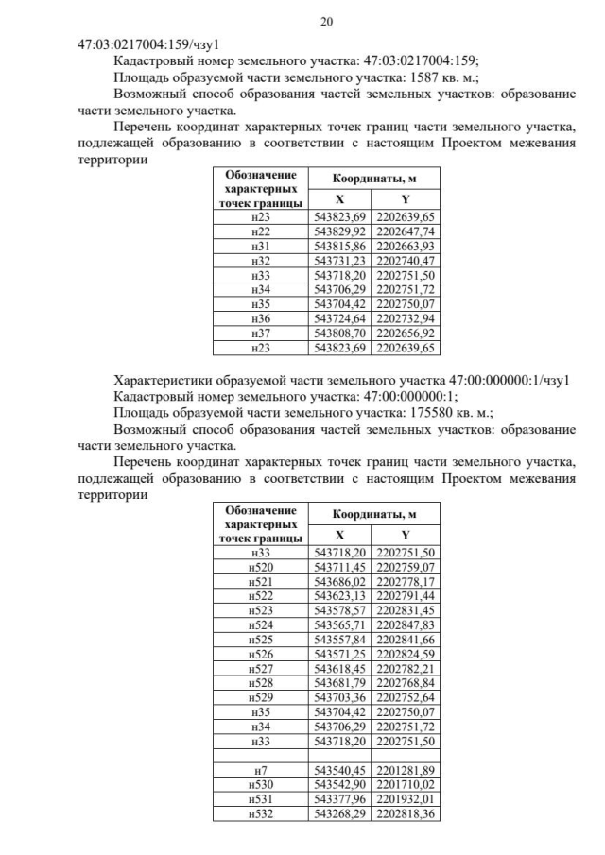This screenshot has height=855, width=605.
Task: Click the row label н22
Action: tap(261, 231)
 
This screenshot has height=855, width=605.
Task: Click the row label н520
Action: tap(261, 566)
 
